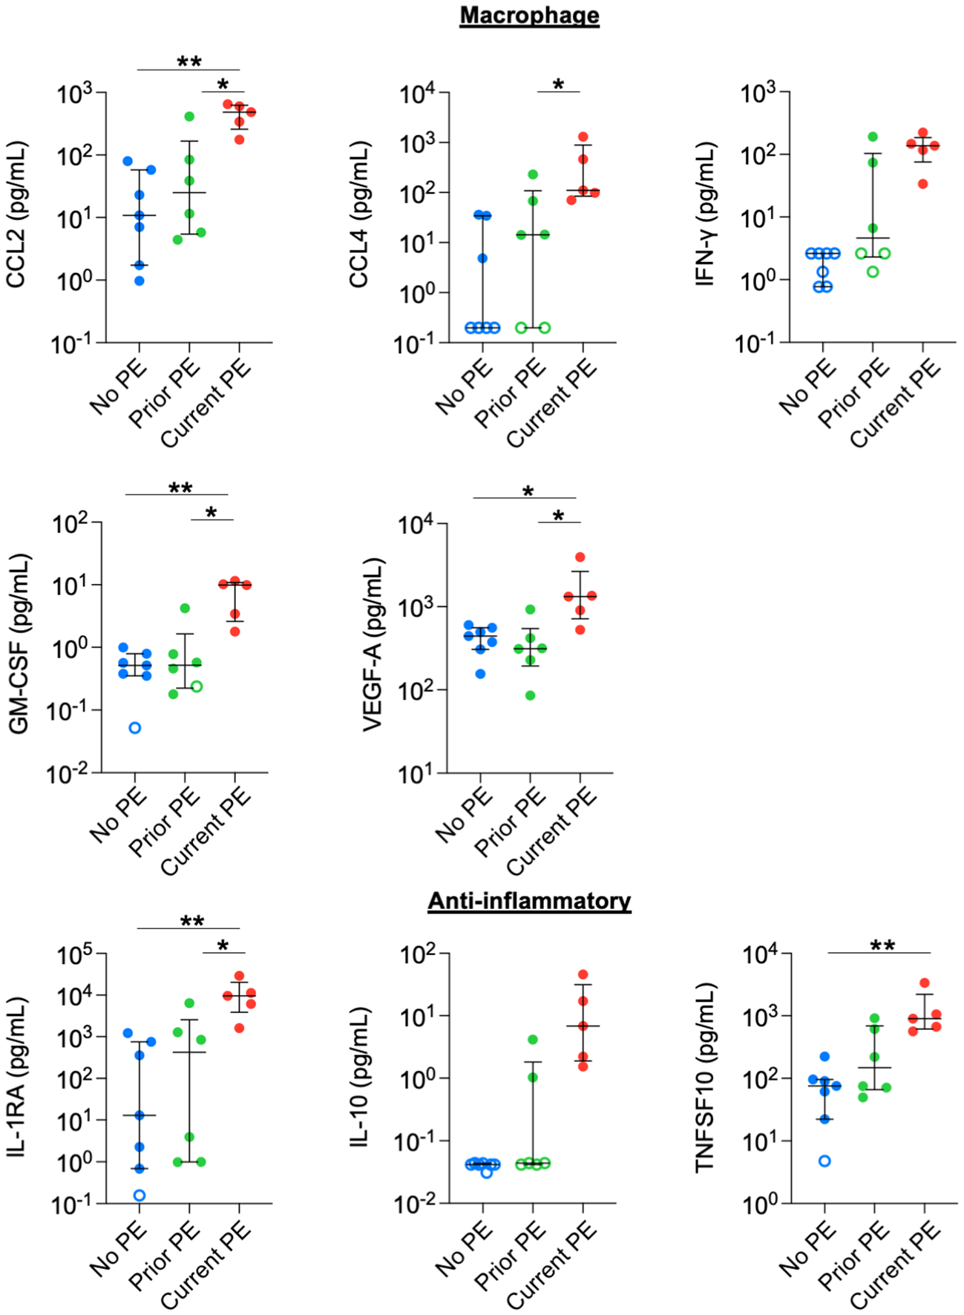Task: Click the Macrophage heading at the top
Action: [x=529, y=16]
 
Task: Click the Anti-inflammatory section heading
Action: [x=529, y=901]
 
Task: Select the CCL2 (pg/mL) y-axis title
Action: [x=16, y=214]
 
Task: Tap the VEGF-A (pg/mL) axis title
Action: [x=373, y=645]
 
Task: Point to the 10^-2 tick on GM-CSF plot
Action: [x=67, y=773]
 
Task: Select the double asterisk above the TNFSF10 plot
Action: [x=882, y=946]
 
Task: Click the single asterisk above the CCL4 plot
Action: [x=558, y=85]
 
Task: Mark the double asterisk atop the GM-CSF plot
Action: [x=180, y=489]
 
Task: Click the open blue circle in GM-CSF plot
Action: [x=135, y=728]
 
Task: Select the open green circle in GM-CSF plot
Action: [x=197, y=686]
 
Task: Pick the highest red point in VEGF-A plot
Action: [x=580, y=557]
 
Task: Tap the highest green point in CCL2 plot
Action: [x=189, y=117]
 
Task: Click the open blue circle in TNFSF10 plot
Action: [x=824, y=1161]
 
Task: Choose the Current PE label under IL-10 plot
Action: [x=553, y=1266]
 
